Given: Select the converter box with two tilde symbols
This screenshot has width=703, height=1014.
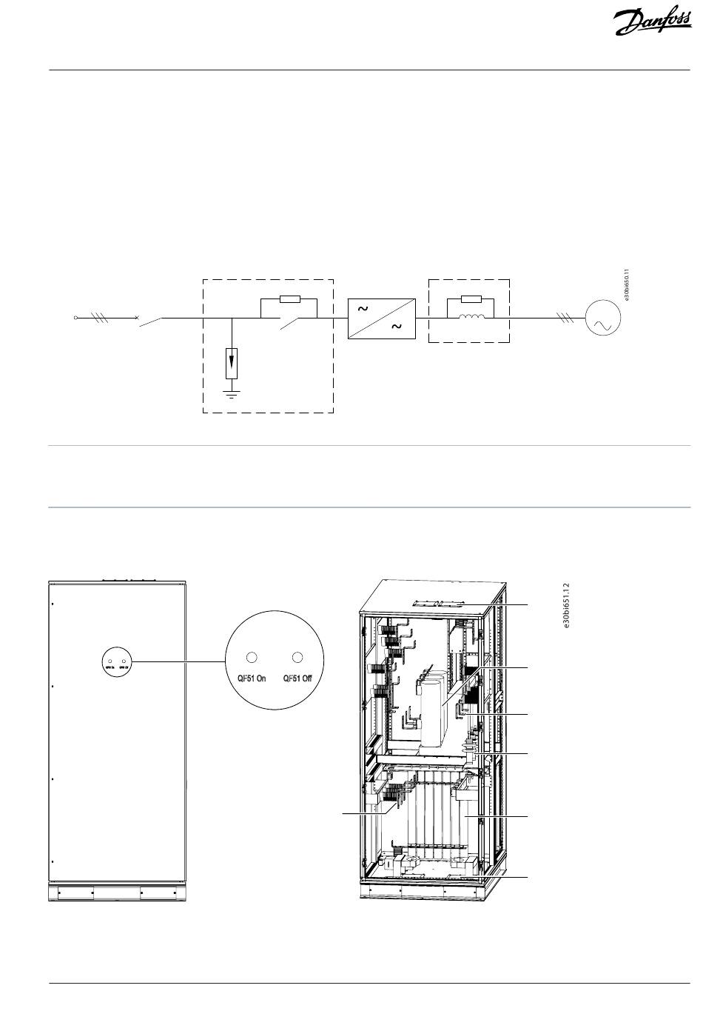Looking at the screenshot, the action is (382, 318).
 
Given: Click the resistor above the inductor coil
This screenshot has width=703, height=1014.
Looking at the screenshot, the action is (471, 300).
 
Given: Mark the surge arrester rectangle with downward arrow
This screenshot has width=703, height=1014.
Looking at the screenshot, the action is (232, 362).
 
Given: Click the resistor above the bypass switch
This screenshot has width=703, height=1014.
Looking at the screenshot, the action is (289, 300).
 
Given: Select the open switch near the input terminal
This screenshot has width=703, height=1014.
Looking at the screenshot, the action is (150, 320).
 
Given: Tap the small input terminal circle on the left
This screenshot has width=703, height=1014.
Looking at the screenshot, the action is (76, 318).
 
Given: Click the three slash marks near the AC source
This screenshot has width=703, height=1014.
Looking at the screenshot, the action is (565, 318).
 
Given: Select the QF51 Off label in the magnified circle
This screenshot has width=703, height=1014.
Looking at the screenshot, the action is (297, 678).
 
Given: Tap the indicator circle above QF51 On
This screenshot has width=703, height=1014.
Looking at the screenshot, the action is (251, 657).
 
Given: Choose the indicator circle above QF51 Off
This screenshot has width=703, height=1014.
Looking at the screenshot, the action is (298, 657).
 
